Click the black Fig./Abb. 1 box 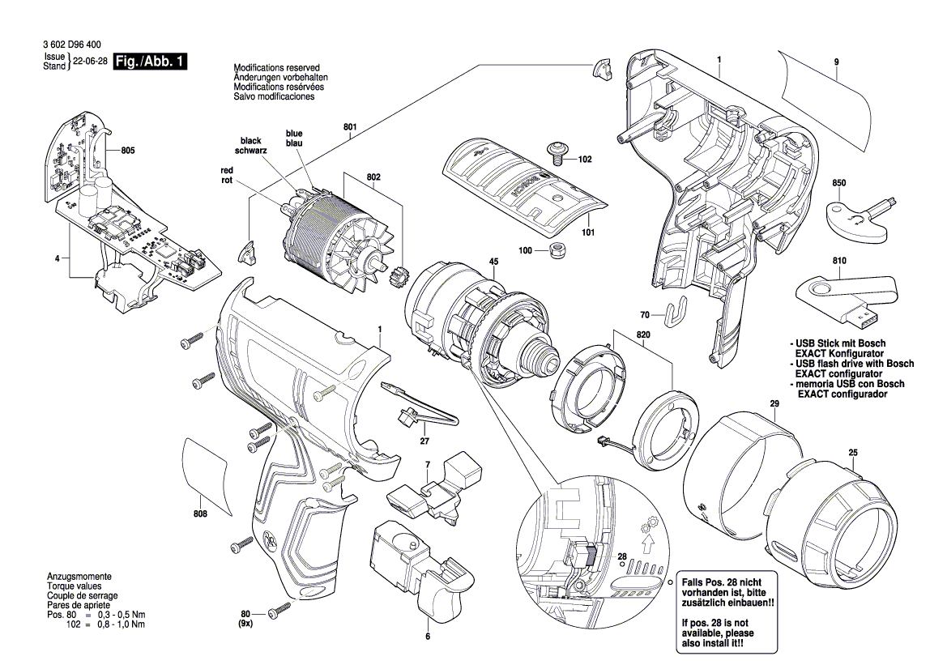pyautogui.click(x=150, y=62)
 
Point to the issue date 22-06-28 pyautogui.click(x=89, y=62)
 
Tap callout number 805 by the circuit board pyautogui.click(x=128, y=151)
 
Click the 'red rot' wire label pyautogui.click(x=227, y=175)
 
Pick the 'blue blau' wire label pyautogui.click(x=293, y=138)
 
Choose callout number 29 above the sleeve pyautogui.click(x=774, y=404)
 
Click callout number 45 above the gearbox pyautogui.click(x=493, y=261)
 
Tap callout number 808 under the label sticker pyautogui.click(x=201, y=515)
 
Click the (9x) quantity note pyautogui.click(x=245, y=625)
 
